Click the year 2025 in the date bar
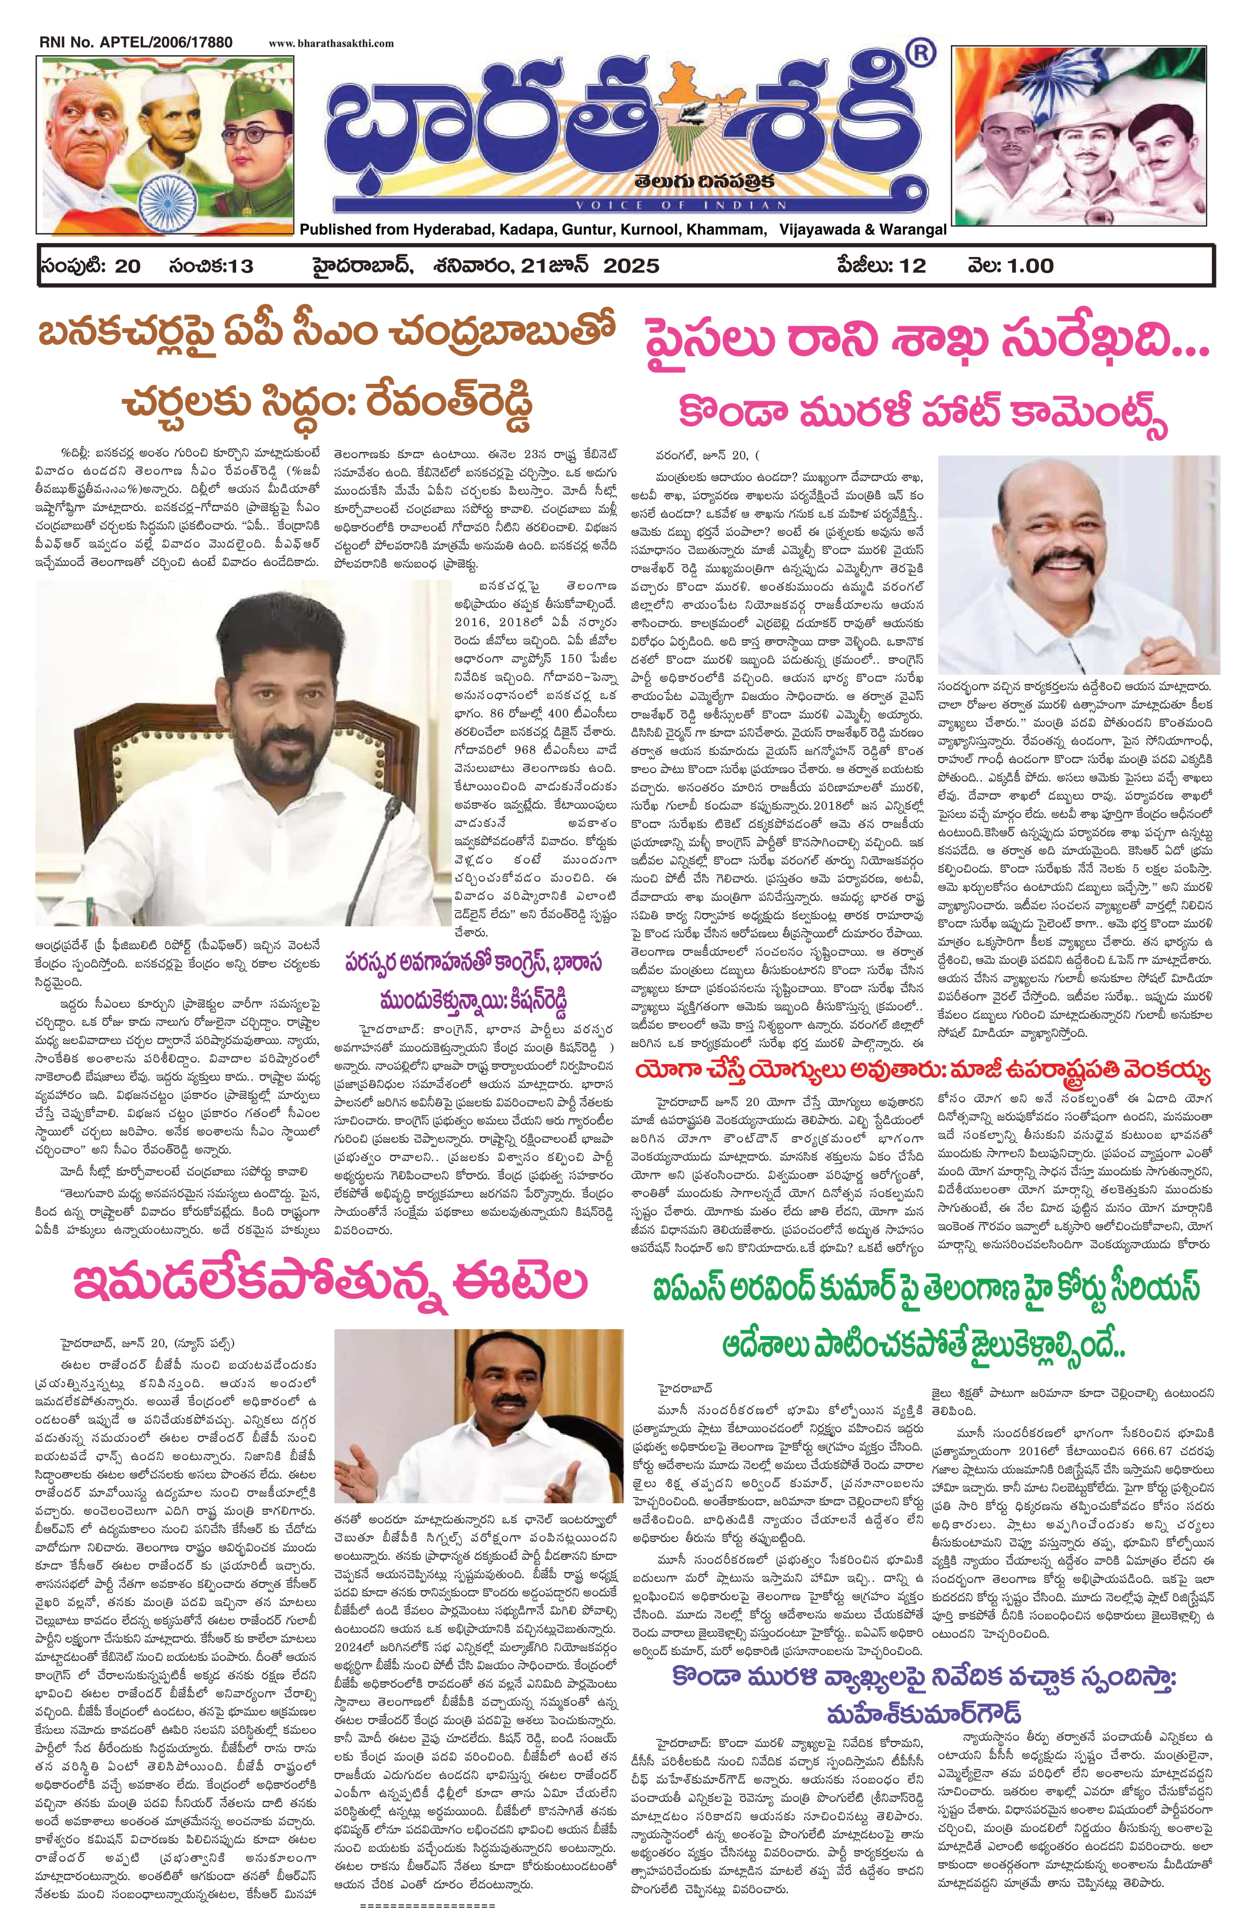[x=630, y=266]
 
